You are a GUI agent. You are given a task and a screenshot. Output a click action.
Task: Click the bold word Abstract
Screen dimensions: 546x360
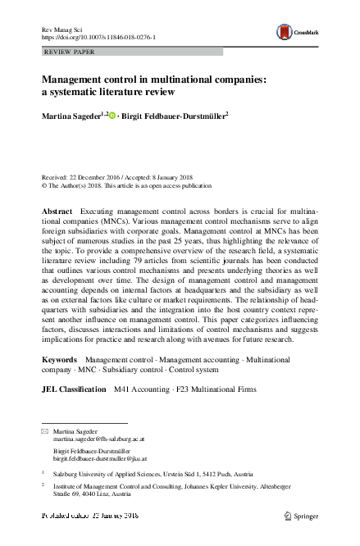click(57, 212)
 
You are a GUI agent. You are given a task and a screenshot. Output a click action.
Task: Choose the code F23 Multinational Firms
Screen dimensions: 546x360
click(215, 389)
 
